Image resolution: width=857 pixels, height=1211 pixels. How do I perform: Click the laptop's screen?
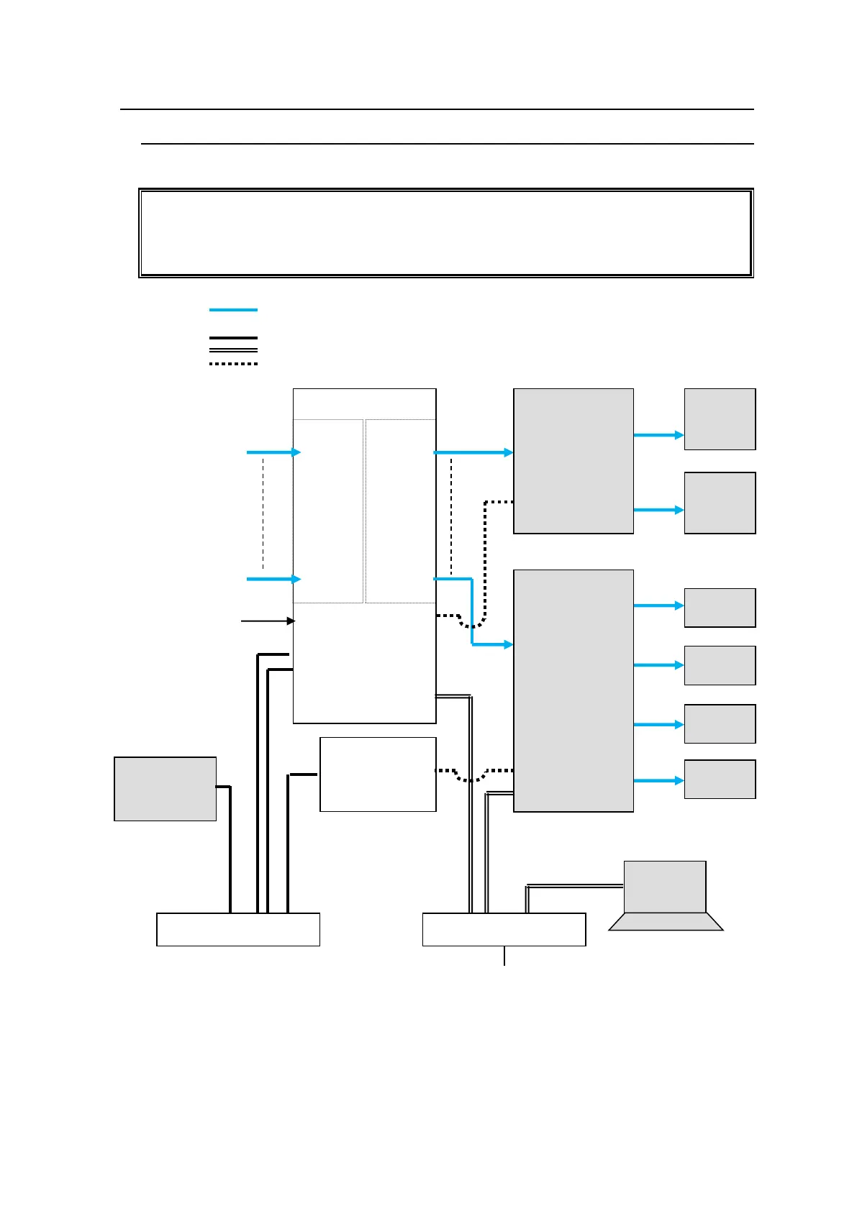pos(664,887)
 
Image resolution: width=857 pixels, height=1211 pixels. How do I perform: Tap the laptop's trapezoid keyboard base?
pos(666,922)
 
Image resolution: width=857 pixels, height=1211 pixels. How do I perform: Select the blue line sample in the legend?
pos(233,310)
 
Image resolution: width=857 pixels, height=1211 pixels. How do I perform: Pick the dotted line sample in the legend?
pos(233,364)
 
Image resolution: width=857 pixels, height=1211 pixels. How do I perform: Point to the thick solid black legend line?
pos(233,337)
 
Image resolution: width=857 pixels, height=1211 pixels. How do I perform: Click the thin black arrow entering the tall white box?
pos(267,621)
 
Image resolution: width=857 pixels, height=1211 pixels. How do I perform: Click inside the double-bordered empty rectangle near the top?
pos(445,233)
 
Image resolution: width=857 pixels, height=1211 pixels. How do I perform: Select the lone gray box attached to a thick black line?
pos(165,788)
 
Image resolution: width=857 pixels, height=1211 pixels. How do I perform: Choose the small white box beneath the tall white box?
pos(378,774)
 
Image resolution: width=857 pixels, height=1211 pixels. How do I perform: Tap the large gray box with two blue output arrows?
pos(573,461)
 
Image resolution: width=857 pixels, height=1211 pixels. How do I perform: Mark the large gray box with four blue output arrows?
pos(573,690)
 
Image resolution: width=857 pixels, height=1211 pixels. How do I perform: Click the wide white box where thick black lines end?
pos(237,929)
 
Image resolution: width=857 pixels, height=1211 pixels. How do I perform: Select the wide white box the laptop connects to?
pos(504,929)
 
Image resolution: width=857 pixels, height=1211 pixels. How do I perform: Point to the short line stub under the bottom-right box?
pos(504,956)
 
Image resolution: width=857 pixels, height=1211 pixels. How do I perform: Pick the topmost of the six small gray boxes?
pos(720,419)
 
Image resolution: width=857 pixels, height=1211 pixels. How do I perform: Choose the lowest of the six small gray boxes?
pos(720,779)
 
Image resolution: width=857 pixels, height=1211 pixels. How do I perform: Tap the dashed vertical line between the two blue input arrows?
pos(263,514)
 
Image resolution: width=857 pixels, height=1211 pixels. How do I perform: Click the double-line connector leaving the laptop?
pos(576,887)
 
